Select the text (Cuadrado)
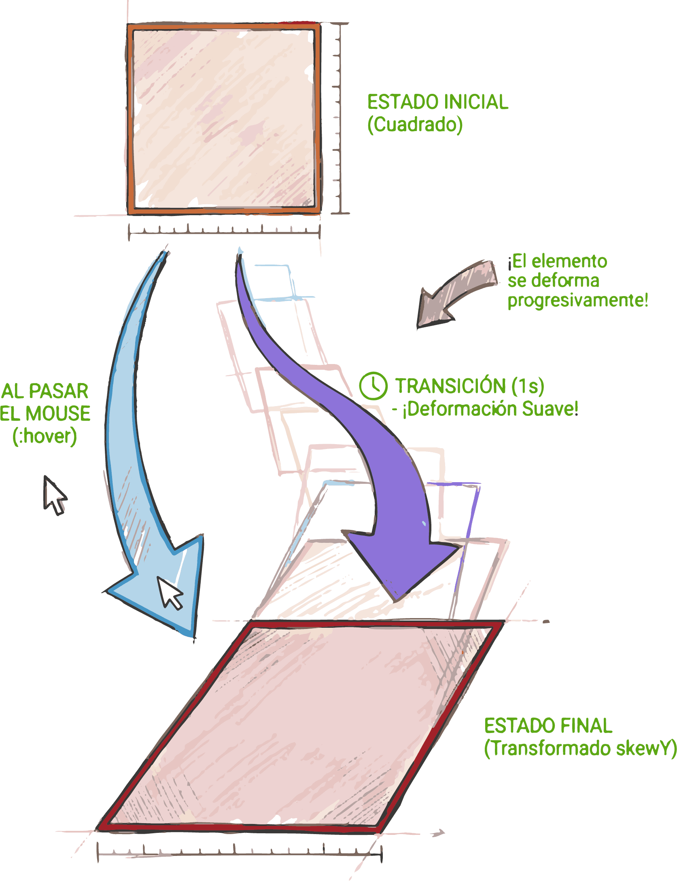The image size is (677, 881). click(x=415, y=125)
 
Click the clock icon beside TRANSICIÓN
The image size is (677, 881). click(x=373, y=386)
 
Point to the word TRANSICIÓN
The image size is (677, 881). click(x=450, y=386)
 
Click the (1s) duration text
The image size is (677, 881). click(x=528, y=386)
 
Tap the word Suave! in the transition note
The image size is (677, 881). click(x=550, y=409)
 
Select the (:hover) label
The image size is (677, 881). click(x=45, y=436)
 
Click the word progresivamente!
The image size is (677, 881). click(x=578, y=301)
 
